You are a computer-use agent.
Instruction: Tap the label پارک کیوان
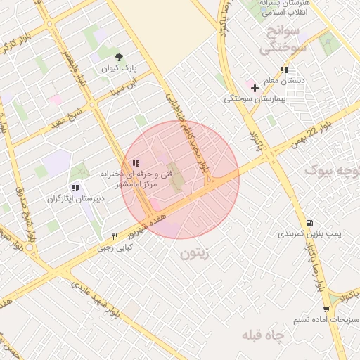tap(118, 69)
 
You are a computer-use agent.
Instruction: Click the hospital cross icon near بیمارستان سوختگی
tap(254, 88)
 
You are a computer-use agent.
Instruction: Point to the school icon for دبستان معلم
tap(284, 70)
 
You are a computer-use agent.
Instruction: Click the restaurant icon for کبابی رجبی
tap(115, 236)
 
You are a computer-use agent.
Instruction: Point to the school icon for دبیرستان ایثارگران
tap(75, 188)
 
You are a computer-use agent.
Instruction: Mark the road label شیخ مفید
tap(65, 118)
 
